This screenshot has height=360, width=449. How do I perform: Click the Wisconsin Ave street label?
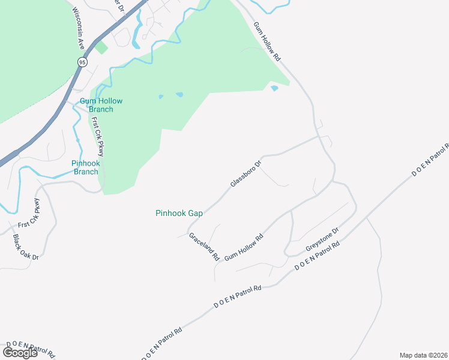coord(78,28)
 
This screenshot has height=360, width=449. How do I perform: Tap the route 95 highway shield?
coord(82,61)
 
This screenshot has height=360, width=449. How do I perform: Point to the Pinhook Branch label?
coord(85,167)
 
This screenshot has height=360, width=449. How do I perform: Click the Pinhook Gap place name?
coord(179,213)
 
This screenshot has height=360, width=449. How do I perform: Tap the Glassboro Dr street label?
coord(246,173)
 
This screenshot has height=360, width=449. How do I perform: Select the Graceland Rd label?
coord(203,247)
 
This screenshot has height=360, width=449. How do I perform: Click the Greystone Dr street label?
coord(322,239)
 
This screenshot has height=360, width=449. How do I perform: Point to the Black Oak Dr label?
coord(26,247)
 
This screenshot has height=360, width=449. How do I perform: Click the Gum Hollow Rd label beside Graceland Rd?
coord(244,248)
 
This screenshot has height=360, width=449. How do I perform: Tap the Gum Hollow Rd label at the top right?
coord(267,43)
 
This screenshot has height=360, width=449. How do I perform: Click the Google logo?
coord(20,352)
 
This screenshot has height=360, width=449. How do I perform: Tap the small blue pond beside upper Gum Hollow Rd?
coord(274,89)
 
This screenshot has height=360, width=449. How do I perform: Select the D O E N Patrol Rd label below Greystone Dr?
coord(318,254)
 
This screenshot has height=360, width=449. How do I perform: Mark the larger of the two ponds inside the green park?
coord(179,95)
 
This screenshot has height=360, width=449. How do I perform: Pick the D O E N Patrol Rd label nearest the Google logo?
coord(30,350)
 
